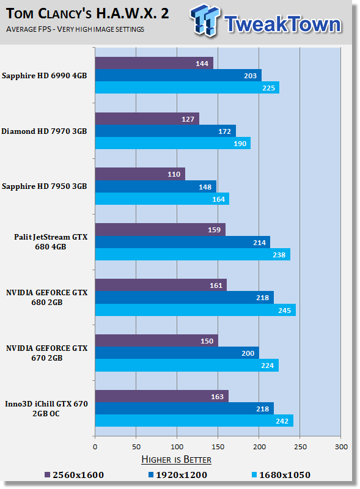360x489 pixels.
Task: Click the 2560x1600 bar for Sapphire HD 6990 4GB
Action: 154,63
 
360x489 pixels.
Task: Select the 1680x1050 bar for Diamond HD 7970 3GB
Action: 173,143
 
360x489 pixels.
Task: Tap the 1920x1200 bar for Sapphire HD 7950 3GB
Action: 156,186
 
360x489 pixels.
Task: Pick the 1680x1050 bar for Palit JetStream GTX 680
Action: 193,254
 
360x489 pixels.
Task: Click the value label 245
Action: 284,311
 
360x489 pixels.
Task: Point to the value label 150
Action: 207,341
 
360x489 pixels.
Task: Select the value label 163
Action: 217,397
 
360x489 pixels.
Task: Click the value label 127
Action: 188,119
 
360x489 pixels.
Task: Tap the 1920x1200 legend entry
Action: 178,475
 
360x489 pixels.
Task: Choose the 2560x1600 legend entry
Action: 74,475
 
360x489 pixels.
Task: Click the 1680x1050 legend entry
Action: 281,475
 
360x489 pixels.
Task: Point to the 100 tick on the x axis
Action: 177,447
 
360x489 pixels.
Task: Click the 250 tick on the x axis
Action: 300,447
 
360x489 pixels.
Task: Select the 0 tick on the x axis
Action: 95,447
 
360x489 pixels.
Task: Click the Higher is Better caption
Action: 176,460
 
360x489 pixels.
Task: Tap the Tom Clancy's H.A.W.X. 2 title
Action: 87,13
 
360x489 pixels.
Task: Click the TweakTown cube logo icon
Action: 205,20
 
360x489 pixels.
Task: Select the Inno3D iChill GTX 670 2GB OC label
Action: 46,408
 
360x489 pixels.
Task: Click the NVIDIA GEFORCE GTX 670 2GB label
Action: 47,353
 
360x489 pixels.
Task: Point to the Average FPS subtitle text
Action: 75,29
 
